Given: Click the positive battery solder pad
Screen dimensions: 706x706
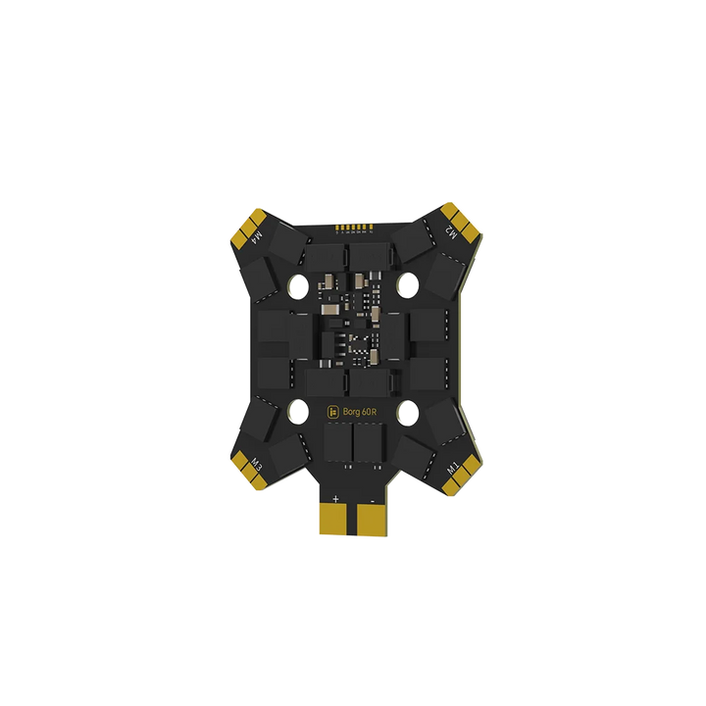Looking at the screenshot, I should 335,517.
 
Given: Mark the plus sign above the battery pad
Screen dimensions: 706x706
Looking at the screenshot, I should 335,499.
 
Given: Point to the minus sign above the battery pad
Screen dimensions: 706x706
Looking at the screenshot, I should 372,499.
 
